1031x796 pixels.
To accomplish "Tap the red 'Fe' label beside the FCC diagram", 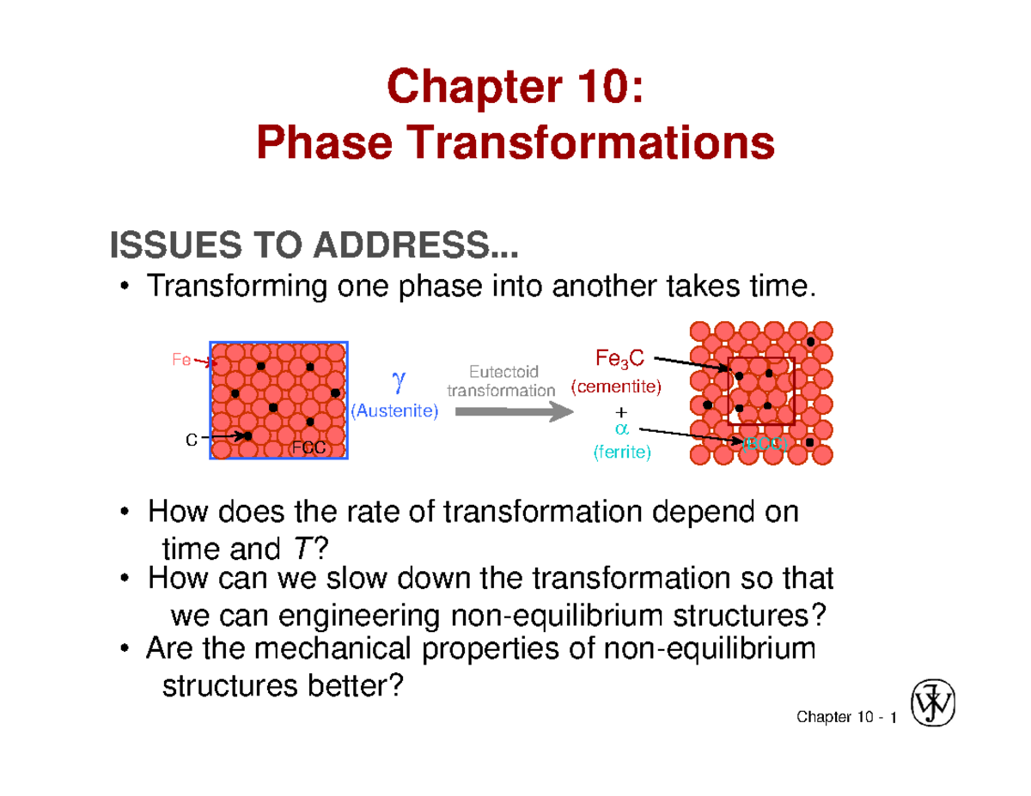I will (181, 361).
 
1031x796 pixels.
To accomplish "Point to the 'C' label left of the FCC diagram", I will (192, 440).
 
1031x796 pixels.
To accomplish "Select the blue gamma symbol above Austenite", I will (396, 378).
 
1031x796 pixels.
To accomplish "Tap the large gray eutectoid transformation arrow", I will (513, 412).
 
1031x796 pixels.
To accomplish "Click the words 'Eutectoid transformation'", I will (502, 380).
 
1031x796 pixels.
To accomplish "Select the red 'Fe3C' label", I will (618, 357).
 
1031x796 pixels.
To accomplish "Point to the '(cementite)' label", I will (616, 387).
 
